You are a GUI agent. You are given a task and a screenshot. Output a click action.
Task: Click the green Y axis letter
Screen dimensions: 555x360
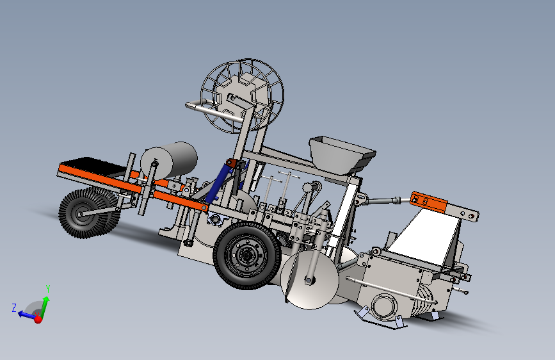48,289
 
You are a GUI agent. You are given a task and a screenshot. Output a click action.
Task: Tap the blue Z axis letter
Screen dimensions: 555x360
14,307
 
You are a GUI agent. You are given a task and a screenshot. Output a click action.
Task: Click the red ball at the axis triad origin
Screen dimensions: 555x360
38,320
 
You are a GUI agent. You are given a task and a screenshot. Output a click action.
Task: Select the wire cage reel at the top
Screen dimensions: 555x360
243,95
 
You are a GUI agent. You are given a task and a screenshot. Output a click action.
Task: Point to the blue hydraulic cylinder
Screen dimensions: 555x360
218,184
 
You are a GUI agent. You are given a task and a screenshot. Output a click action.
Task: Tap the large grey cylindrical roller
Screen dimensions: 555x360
169,161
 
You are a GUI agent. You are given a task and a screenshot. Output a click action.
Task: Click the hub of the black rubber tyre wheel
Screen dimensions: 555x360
246,254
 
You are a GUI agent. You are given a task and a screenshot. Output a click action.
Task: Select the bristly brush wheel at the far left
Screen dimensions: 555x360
88,213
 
